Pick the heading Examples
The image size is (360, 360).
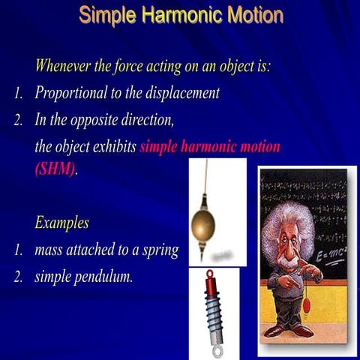(61, 223)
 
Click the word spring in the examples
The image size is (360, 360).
(160, 250)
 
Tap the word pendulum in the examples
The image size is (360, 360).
(102, 277)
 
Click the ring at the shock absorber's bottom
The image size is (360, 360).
(218, 349)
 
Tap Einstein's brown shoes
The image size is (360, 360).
(289, 331)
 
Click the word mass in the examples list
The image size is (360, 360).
(49, 250)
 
